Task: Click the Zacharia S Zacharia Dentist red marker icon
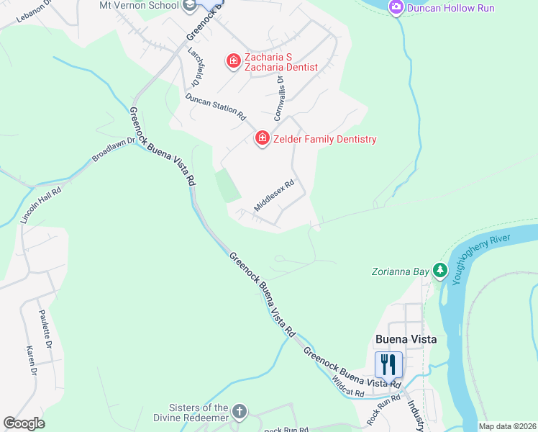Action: tap(233, 61)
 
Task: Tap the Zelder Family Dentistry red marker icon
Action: tap(263, 138)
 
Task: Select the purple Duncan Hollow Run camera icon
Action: tap(396, 7)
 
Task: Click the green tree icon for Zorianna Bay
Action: tap(438, 271)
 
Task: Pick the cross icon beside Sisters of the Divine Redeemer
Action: tap(239, 413)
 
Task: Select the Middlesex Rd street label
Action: tap(274, 195)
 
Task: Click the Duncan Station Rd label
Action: tap(215, 107)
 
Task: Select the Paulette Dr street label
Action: tap(45, 330)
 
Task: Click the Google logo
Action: tap(24, 423)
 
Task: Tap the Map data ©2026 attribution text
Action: tap(506, 426)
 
